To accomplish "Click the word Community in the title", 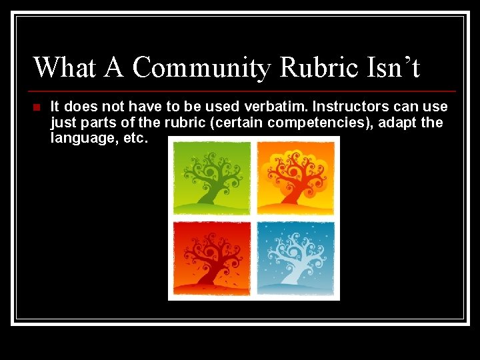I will [201, 68].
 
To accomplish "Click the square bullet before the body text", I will [37, 107].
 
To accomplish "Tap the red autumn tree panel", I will [212, 258].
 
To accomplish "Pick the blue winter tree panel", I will [296, 258].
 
